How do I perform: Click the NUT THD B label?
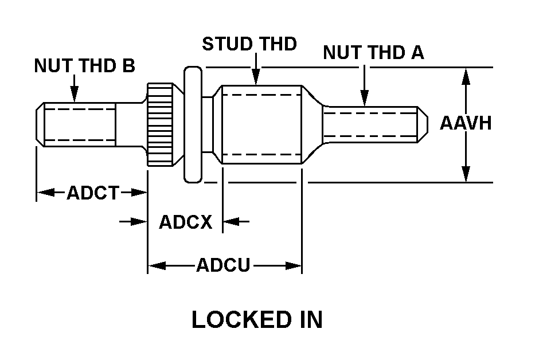click(84, 66)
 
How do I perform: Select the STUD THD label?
click(249, 44)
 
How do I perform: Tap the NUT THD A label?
click(373, 53)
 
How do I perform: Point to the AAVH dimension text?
click(466, 123)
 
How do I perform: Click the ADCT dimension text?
click(92, 193)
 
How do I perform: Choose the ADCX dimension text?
click(185, 222)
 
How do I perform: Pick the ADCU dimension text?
click(223, 265)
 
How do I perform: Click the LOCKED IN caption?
click(257, 320)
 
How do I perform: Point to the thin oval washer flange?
click(193, 124)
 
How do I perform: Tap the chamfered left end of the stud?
click(40, 123)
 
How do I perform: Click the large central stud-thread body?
click(261, 124)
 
